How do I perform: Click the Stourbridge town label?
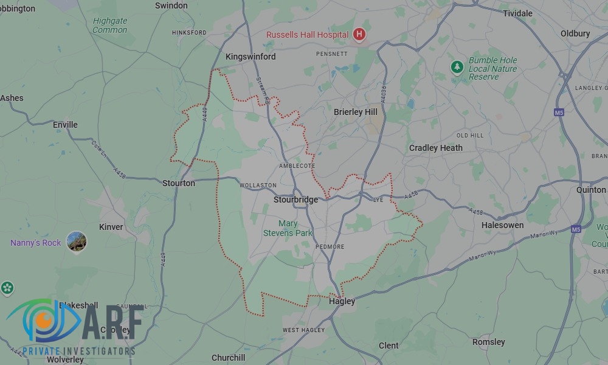tap(296, 200)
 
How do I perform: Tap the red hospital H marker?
tap(359, 35)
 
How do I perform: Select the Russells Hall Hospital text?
tap(308, 35)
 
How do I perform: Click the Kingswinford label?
tap(250, 57)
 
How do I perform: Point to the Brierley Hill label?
tap(356, 112)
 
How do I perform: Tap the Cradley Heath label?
tap(435, 148)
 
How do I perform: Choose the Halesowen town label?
tap(502, 225)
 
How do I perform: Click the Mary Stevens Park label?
tap(288, 228)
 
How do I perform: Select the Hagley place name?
tap(342, 301)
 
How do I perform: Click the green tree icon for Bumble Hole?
tap(457, 67)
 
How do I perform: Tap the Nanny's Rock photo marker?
tap(77, 242)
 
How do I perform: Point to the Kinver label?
tap(111, 227)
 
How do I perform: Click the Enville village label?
tap(65, 125)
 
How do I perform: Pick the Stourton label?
tap(179, 183)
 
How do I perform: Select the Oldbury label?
tap(575, 33)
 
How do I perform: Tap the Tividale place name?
tap(517, 13)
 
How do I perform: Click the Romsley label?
tap(489, 342)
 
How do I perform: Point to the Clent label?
tap(389, 346)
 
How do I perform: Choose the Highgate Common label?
tap(110, 25)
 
